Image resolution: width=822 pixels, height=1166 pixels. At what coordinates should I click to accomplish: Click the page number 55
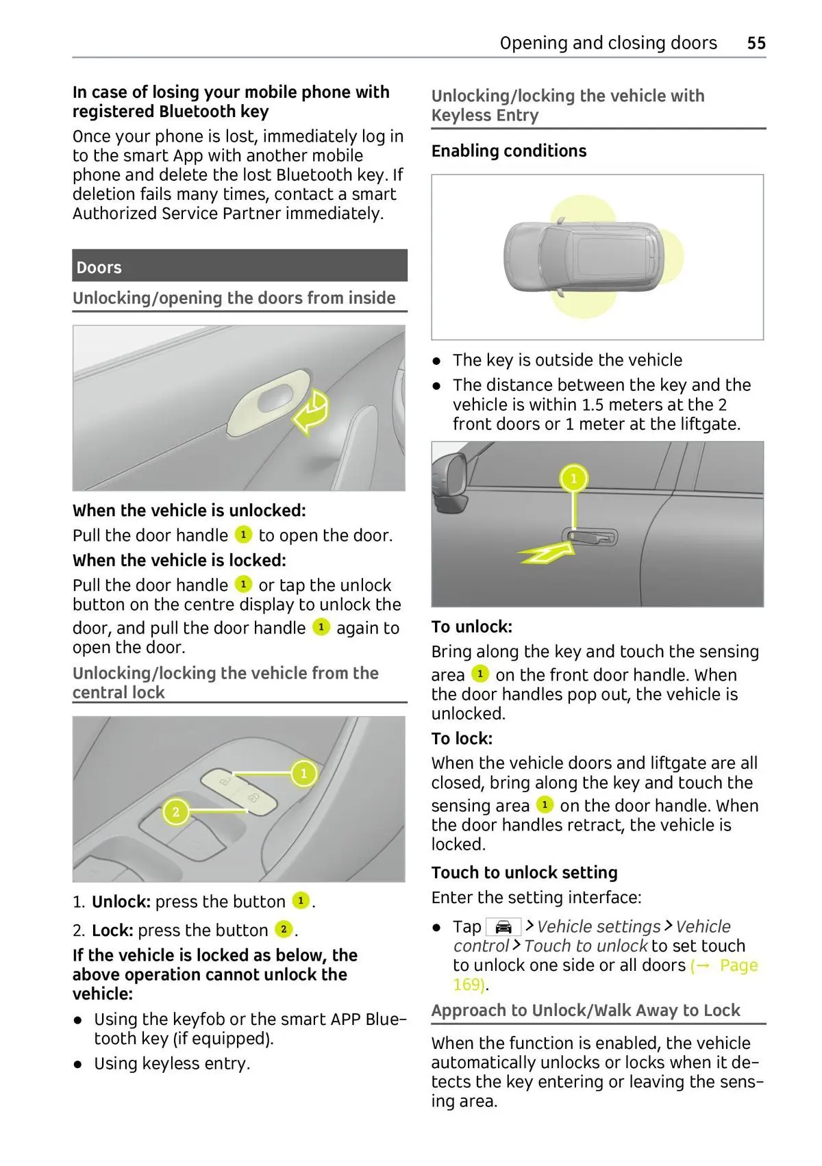756,43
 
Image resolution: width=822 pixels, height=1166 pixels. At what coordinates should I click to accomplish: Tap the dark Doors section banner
239,266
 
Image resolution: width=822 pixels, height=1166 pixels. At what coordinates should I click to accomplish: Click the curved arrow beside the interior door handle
312,413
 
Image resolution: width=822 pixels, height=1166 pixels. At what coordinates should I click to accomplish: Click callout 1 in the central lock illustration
303,774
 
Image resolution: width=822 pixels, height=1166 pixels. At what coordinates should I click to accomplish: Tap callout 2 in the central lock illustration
176,812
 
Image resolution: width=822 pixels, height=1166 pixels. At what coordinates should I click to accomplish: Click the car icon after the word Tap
503,927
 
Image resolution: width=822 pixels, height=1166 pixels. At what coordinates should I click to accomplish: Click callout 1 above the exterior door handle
574,478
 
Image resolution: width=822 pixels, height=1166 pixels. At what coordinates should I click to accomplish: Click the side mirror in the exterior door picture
451,479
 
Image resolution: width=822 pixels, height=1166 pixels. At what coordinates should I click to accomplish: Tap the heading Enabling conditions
508,151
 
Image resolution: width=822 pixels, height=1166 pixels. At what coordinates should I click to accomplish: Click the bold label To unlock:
471,627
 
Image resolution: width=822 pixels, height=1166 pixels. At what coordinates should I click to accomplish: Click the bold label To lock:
462,739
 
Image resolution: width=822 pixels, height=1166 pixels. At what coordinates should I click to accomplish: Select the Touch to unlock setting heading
524,873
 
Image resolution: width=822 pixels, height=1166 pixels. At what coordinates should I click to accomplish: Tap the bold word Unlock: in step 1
121,902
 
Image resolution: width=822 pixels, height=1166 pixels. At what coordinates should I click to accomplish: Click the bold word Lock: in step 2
112,931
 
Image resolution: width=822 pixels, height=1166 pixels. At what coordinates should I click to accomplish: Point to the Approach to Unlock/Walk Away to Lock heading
585,1011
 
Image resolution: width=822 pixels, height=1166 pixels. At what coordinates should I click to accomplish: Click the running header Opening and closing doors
608,43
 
